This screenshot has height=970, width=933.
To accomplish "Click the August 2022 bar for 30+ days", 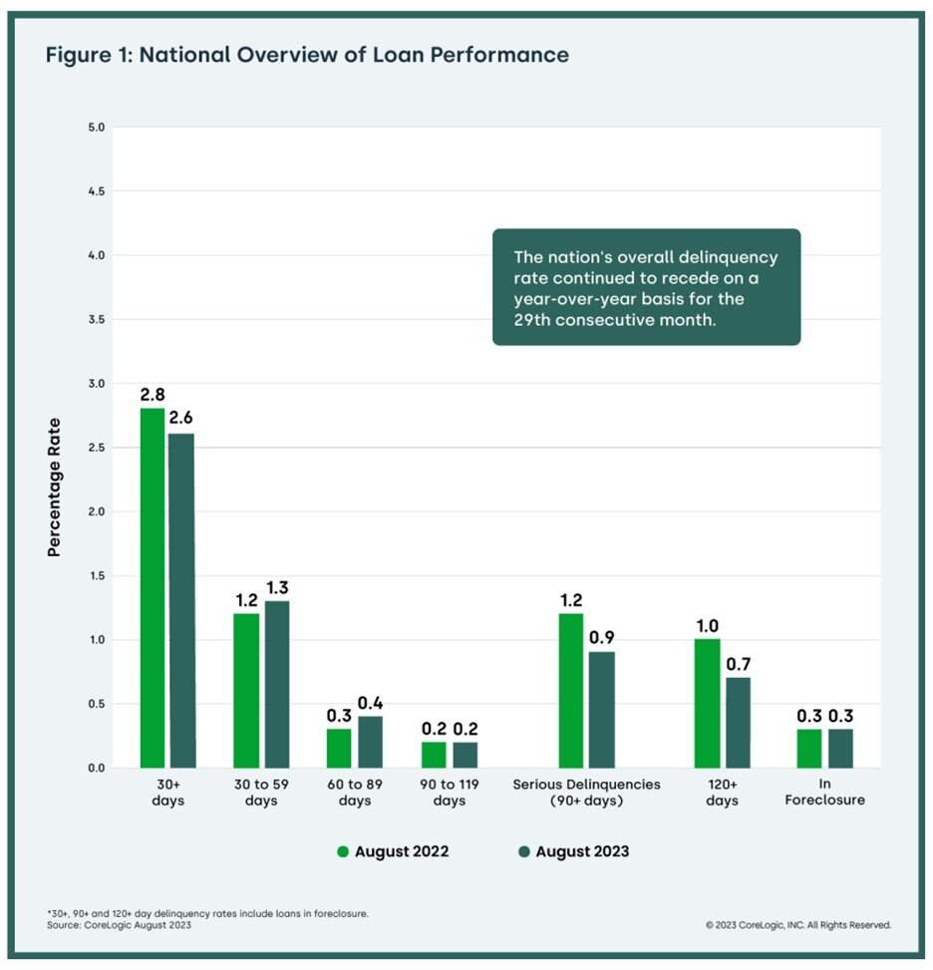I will click(x=153, y=588).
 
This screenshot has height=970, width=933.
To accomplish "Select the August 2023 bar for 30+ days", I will click(x=181, y=601).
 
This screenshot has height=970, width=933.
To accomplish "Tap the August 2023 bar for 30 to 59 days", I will click(x=275, y=684).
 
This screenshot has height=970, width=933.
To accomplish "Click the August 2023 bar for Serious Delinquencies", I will click(x=601, y=710).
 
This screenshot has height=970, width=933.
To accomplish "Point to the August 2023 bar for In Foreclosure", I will click(x=839, y=748).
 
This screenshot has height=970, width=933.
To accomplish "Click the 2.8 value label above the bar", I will click(x=153, y=394).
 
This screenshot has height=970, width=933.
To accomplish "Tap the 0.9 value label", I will click(x=601, y=637).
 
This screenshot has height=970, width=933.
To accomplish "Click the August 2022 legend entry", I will click(x=393, y=851).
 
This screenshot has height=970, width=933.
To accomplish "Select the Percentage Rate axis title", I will click(x=55, y=486).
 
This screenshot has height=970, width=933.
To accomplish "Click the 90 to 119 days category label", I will click(x=449, y=793).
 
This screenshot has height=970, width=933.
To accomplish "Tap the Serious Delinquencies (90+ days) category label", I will click(x=586, y=793).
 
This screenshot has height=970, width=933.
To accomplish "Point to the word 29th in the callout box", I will click(x=529, y=322).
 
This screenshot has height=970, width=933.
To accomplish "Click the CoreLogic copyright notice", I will click(x=797, y=925).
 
